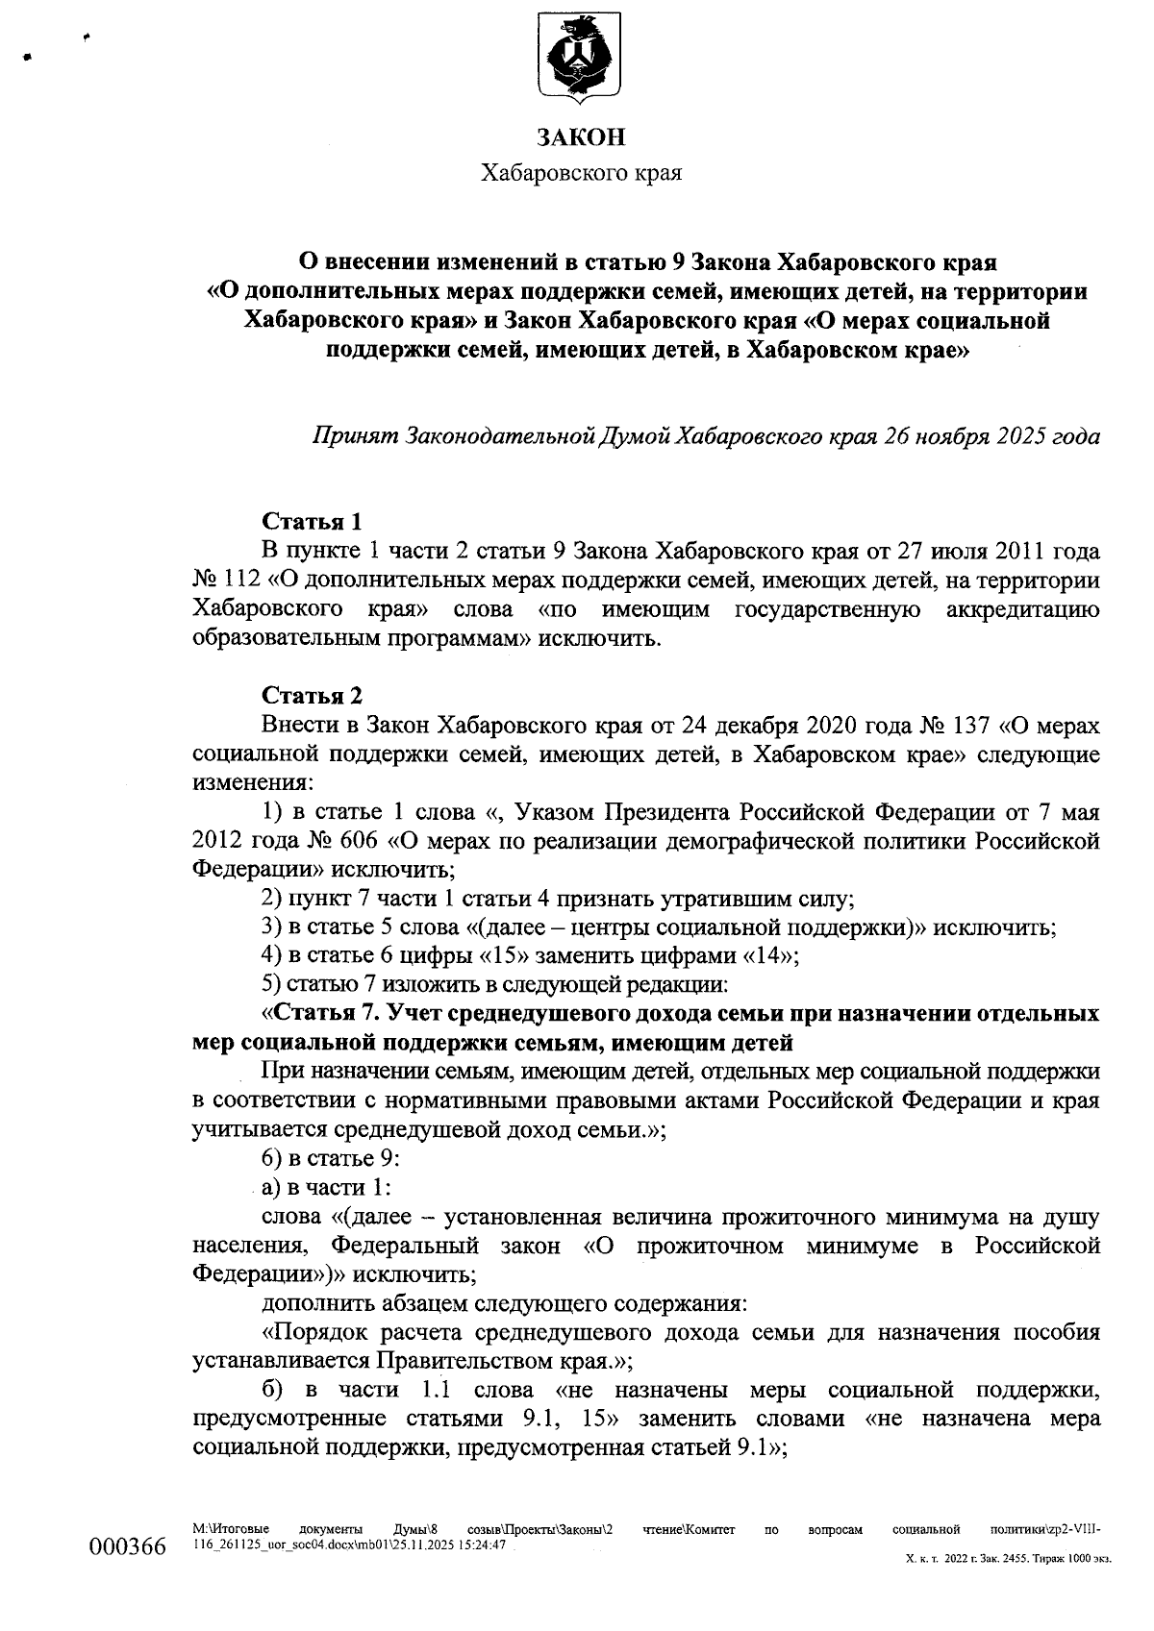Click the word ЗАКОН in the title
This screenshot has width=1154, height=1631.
(581, 137)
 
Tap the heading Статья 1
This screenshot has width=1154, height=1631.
(313, 522)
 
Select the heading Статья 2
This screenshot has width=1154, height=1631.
(313, 695)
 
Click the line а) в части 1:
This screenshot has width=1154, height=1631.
(325, 1187)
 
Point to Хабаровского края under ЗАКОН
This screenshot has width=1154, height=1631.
(581, 174)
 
